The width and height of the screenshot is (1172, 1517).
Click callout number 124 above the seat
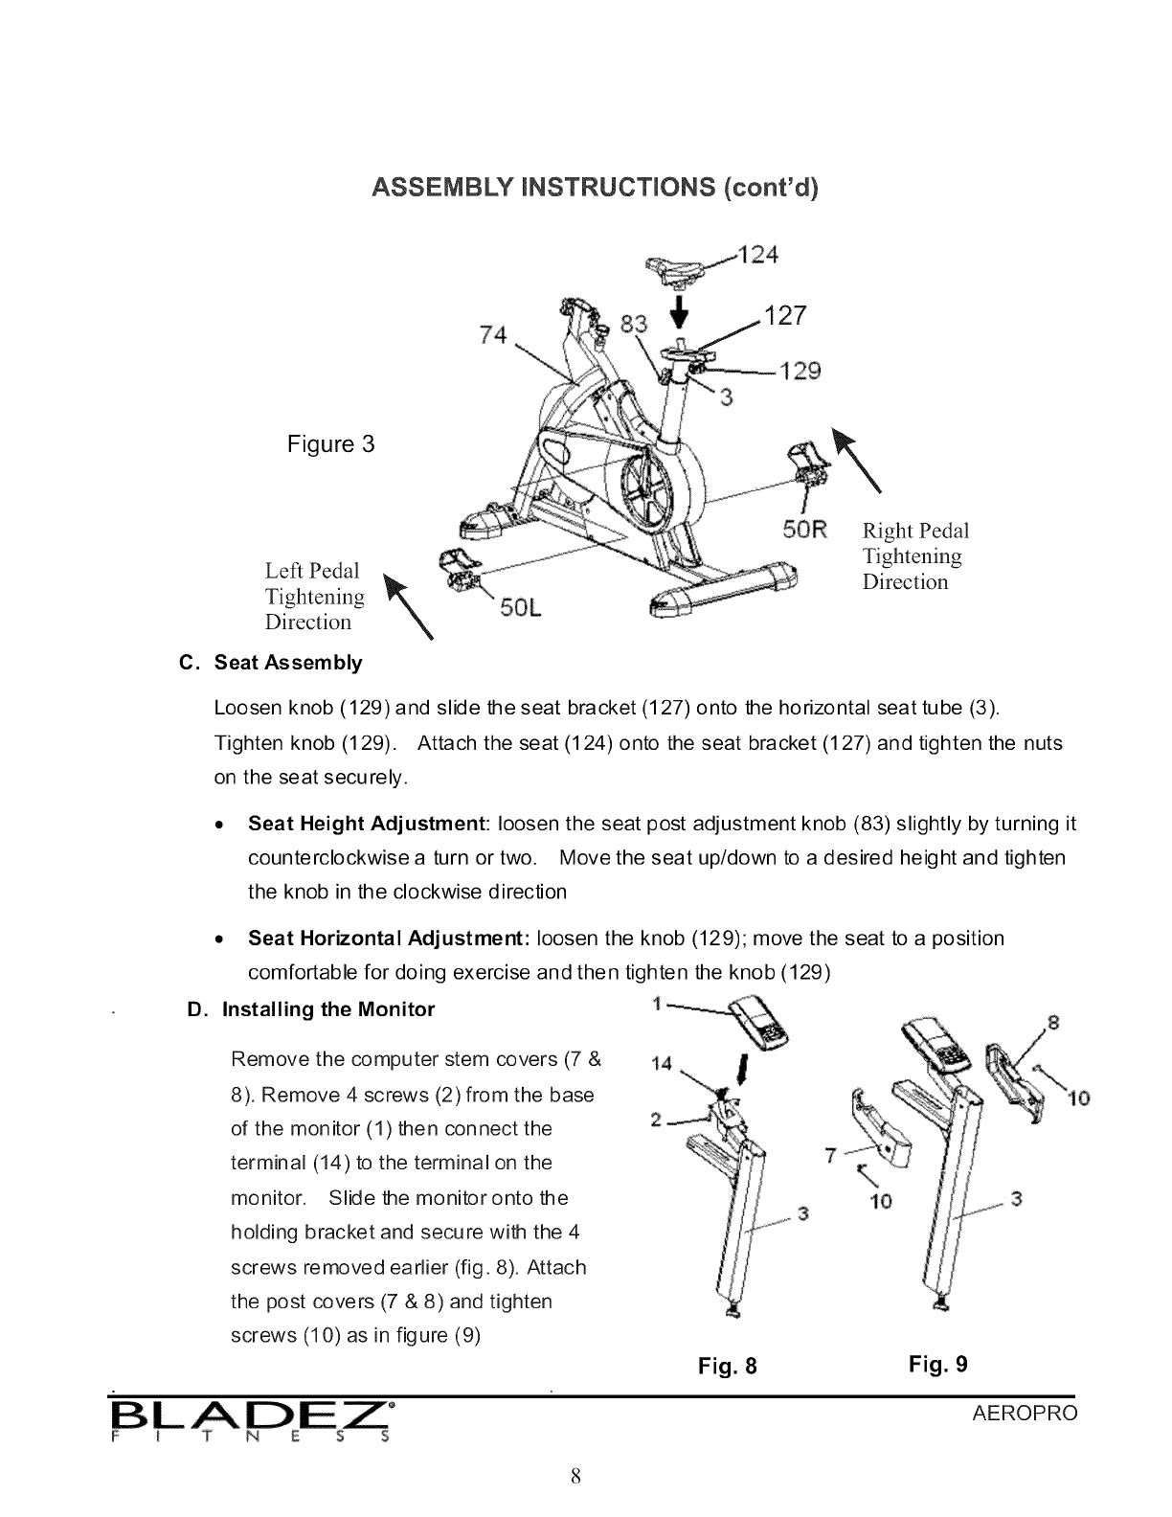(757, 256)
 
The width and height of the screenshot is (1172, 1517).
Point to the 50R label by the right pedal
(804, 530)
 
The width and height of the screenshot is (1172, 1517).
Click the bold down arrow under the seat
(681, 309)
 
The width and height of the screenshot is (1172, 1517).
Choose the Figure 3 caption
(330, 444)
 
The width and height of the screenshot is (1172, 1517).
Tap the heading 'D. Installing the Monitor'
(310, 1009)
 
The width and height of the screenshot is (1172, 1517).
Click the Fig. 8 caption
(728, 1366)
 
